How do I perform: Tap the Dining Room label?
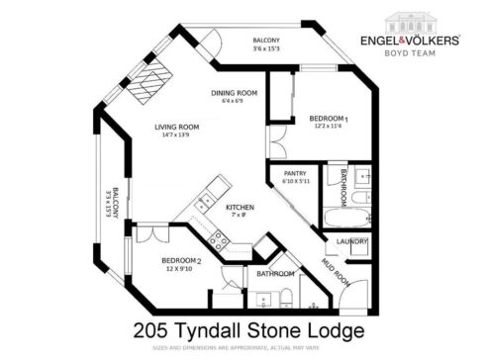(x=235, y=93)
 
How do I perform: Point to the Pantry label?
(x=294, y=173)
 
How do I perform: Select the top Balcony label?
(x=265, y=39)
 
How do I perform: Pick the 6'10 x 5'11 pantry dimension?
(x=295, y=182)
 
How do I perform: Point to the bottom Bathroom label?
(x=275, y=273)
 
